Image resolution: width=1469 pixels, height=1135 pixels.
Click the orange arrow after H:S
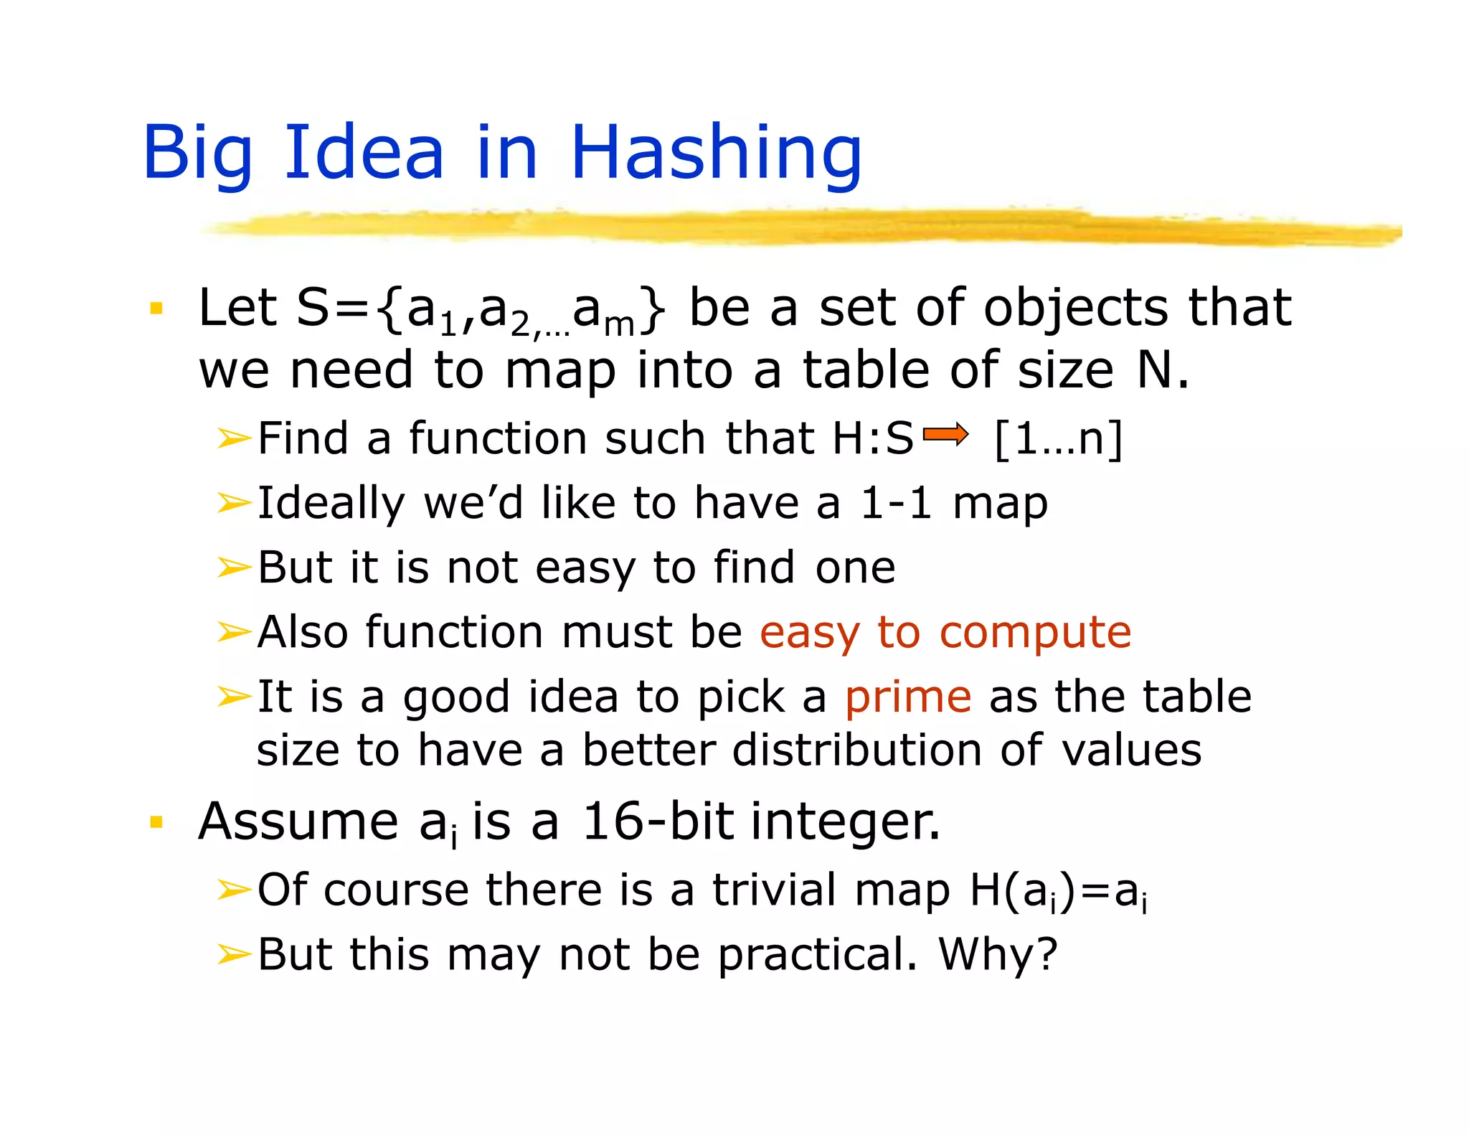[x=945, y=435]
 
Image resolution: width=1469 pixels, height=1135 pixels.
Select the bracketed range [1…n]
[x=1058, y=438]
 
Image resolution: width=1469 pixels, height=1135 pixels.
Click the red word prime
[x=907, y=697]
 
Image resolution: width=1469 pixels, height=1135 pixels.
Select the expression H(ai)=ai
[x=1058, y=891]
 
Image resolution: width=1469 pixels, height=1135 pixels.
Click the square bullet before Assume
[x=156, y=821]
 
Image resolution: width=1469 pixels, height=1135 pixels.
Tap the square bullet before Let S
[x=156, y=309]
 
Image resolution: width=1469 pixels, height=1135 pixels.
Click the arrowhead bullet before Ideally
[x=234, y=503]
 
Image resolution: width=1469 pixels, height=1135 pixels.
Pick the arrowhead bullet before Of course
[x=234, y=890]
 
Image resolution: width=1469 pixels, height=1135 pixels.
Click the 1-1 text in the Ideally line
[x=896, y=503]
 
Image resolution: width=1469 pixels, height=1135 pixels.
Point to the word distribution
[x=857, y=750]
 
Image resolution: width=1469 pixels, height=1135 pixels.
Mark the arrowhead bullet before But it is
[x=234, y=567]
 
